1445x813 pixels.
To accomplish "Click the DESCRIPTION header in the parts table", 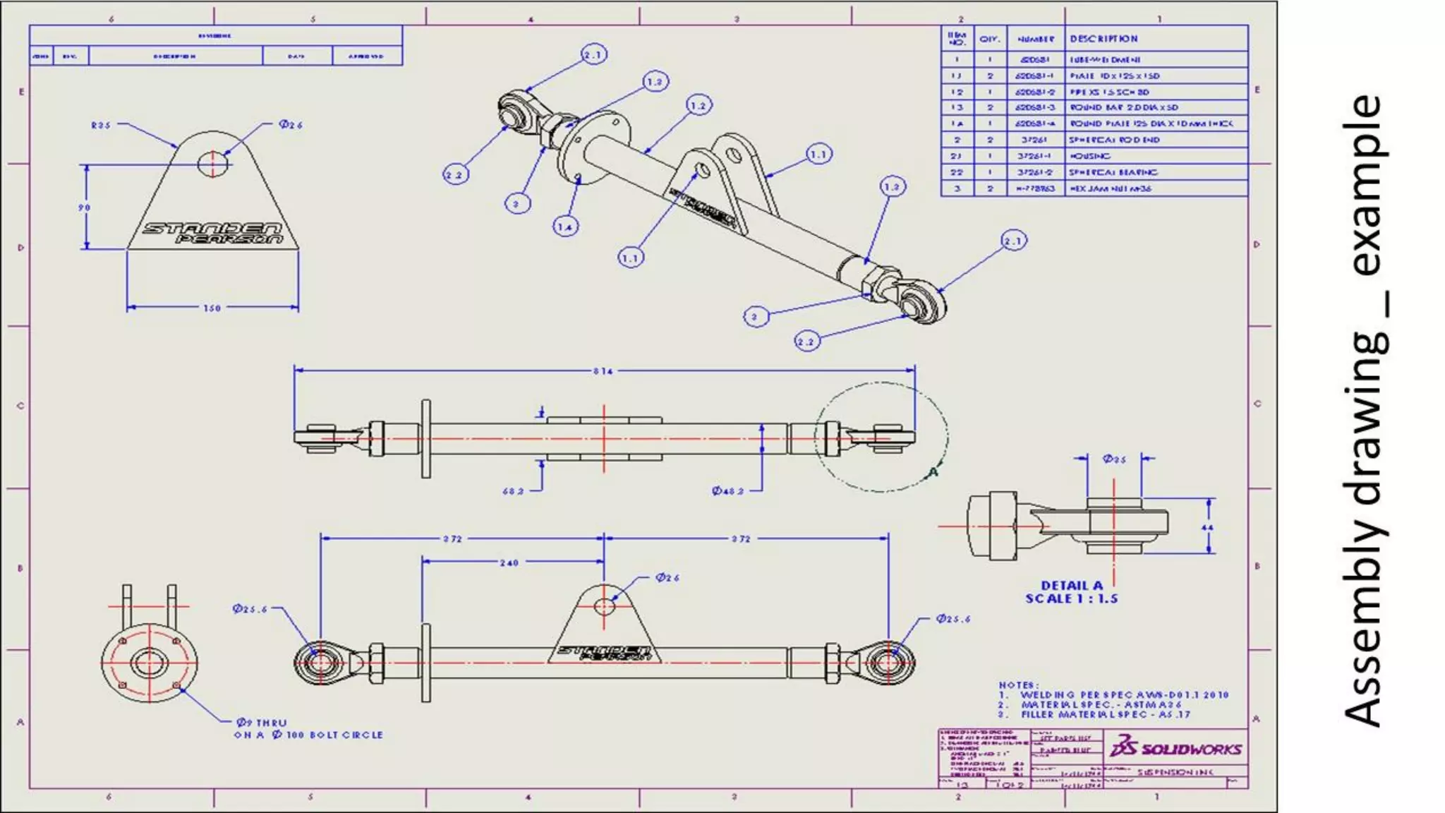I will [1104, 39].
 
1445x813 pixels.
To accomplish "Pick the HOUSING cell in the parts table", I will [1090, 156].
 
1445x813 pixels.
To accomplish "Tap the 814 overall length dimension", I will [603, 371].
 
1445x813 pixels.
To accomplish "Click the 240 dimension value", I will [509, 562].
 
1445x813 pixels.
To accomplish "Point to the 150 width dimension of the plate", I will [212, 308].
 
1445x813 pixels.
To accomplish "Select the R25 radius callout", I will [101, 125].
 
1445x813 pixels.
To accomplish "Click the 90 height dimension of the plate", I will [84, 207].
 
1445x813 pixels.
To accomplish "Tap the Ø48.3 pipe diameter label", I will [727, 490].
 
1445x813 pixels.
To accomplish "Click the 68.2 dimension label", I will [513, 490].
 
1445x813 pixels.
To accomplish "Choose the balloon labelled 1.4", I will [565, 227].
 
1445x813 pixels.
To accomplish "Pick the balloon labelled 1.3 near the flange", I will [655, 82].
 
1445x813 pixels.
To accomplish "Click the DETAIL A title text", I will [1072, 585].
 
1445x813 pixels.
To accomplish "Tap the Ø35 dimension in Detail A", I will [1114, 459].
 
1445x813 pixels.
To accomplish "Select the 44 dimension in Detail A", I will [1207, 527].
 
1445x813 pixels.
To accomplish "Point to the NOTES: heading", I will [1018, 685].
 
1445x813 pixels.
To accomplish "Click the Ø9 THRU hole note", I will [262, 723].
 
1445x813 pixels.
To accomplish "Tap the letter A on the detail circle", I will [933, 471].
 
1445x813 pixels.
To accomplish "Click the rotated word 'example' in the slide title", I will [1367, 185].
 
